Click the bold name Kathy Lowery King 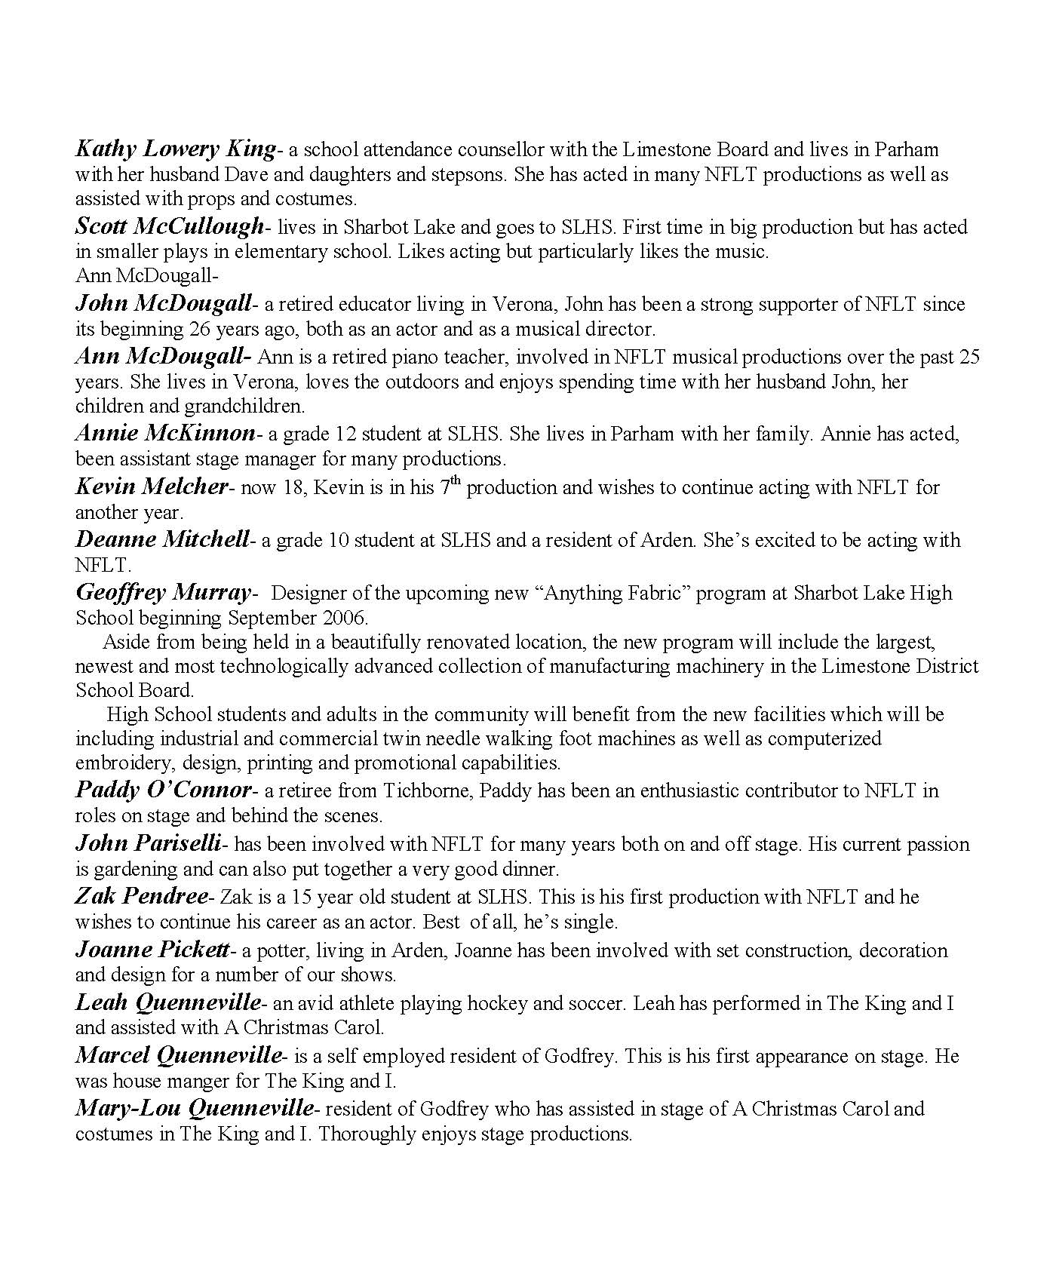point(175,149)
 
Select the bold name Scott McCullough point(170,226)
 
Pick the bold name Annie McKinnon point(166,433)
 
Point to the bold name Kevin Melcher point(151,486)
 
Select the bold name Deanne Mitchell point(162,539)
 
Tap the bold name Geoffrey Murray point(163,593)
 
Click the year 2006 point(348,618)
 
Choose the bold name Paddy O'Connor point(163,790)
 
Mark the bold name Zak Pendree point(141,896)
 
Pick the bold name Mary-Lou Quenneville point(194,1108)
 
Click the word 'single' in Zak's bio point(596,922)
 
